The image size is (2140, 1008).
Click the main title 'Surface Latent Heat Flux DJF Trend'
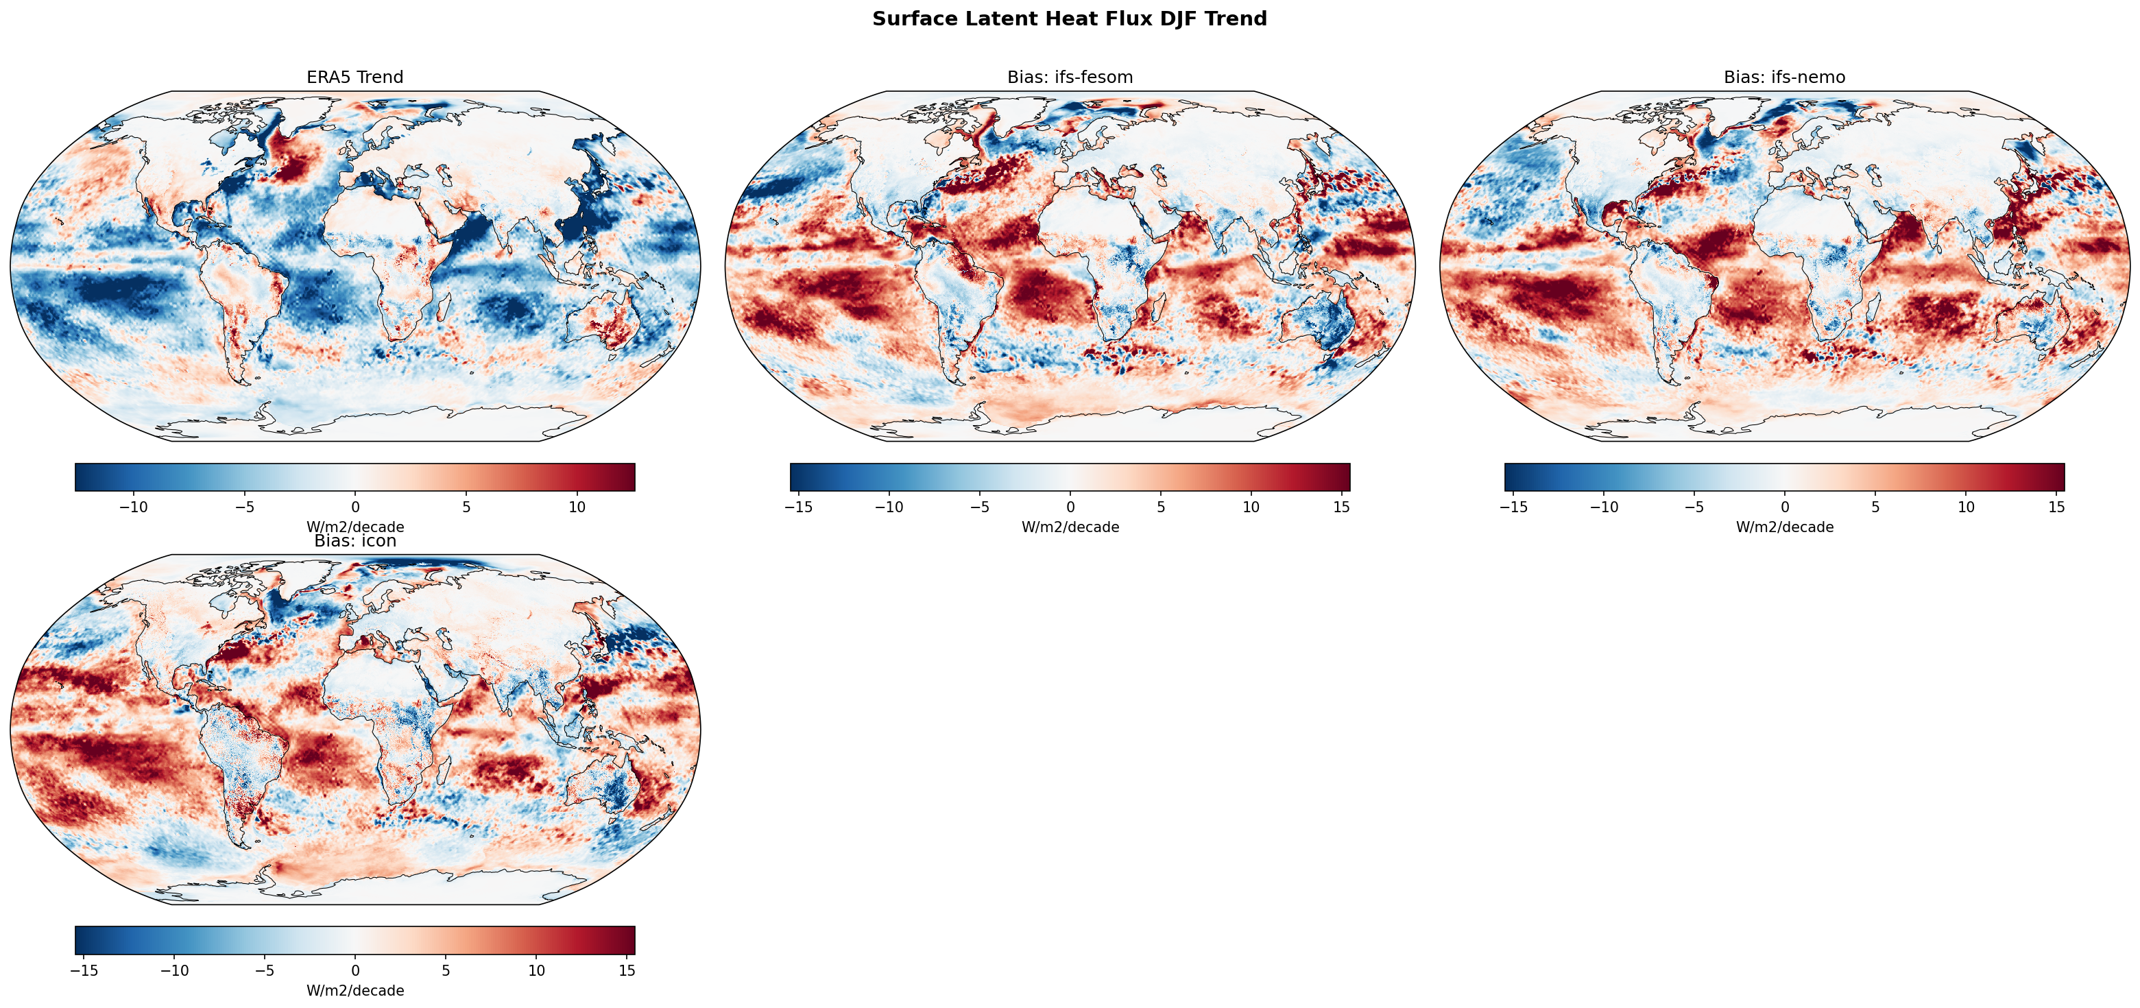coord(1069,19)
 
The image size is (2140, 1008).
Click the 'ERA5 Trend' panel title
coord(354,77)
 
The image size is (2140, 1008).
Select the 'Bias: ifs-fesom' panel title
coord(1069,77)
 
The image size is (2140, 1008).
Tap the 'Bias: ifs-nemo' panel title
coord(1784,77)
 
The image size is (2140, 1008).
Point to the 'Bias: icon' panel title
coord(354,541)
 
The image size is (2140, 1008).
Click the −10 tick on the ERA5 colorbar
coord(133,507)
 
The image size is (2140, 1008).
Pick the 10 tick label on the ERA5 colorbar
coord(577,507)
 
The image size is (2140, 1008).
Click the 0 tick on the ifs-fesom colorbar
coord(1070,507)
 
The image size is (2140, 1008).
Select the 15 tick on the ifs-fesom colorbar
coord(1340,507)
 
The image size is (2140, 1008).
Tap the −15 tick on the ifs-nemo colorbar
coord(1513,507)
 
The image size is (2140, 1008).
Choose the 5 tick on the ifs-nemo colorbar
coord(1875,507)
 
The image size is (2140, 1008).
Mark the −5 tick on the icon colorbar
coord(264,970)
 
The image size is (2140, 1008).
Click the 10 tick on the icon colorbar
coord(536,970)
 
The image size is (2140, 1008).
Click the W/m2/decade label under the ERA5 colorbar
coord(354,527)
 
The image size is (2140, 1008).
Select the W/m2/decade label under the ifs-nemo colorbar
coord(1784,527)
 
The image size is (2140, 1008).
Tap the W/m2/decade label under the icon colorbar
coord(354,991)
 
